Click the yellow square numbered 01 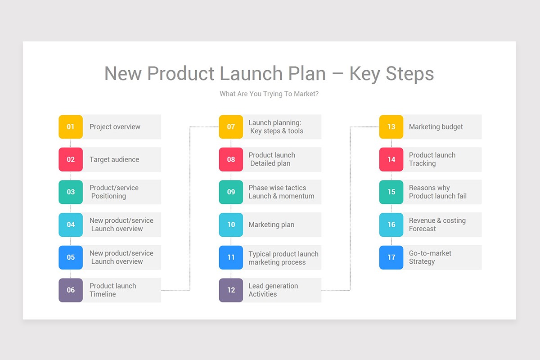tap(71, 127)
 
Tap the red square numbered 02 tap(71, 159)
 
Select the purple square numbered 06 tap(71, 290)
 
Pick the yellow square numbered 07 tap(231, 127)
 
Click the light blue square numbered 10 tap(231, 225)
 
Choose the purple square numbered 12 tap(231, 290)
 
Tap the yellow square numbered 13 tap(391, 127)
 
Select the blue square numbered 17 tap(391, 257)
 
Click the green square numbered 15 tap(391, 192)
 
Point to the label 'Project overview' tap(115, 127)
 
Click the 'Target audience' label tap(114, 159)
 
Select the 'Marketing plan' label tap(271, 225)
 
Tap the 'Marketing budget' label tap(436, 127)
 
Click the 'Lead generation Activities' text tap(273, 290)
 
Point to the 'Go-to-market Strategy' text tap(430, 257)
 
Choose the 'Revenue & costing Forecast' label tap(437, 225)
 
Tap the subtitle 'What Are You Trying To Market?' tap(269, 94)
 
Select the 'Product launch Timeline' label tap(112, 290)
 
